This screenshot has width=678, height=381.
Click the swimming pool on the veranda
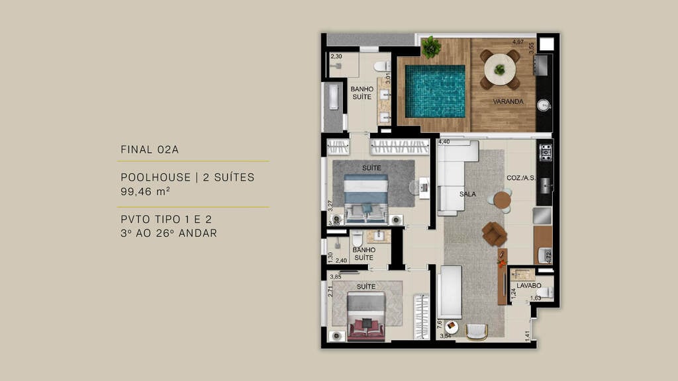(x=434, y=91)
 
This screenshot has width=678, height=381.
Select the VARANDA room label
(x=508, y=102)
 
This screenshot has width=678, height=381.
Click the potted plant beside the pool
(x=431, y=47)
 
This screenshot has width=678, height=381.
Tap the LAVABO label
(x=529, y=286)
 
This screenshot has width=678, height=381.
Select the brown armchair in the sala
(x=494, y=233)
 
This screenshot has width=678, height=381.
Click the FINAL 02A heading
(x=150, y=150)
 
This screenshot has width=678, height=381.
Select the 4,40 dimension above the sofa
(x=444, y=142)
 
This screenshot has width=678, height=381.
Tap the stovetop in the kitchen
(x=546, y=153)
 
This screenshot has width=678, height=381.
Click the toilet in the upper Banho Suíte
(x=381, y=66)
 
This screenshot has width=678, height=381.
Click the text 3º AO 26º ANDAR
(x=169, y=233)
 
